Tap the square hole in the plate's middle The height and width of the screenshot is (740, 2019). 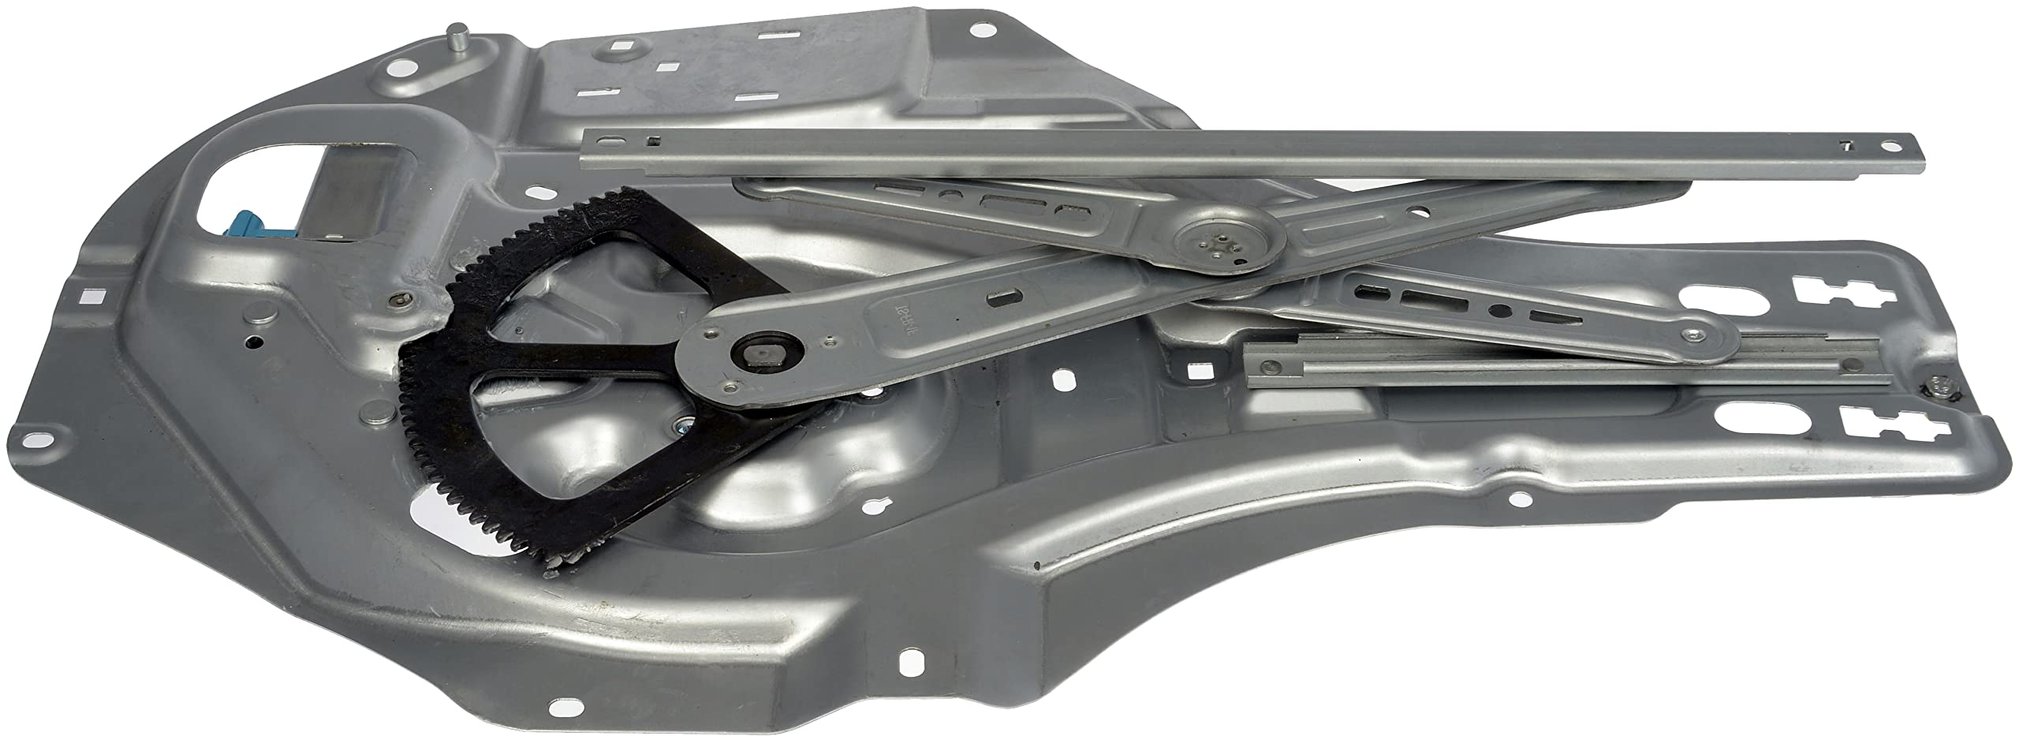coord(1062,379)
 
